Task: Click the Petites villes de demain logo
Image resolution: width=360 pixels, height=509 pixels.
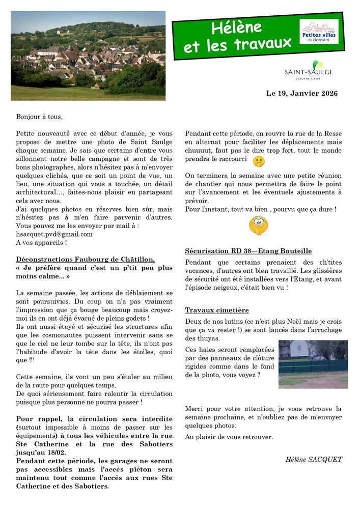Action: pyautogui.click(x=319, y=32)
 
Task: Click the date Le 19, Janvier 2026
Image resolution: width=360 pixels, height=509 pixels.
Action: pyautogui.click(x=302, y=94)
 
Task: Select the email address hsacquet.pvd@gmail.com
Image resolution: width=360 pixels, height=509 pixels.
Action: pyautogui.click(x=54, y=234)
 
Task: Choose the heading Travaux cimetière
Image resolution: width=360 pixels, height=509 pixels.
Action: pyautogui.click(x=217, y=310)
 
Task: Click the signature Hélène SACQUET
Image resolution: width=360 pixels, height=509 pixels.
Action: pyautogui.click(x=314, y=459)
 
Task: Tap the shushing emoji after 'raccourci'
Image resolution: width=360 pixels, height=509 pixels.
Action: pyautogui.click(x=258, y=160)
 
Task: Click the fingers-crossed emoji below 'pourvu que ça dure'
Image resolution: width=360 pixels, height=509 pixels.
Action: pyautogui.click(x=258, y=225)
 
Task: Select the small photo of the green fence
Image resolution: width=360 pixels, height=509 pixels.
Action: pyautogui.click(x=313, y=364)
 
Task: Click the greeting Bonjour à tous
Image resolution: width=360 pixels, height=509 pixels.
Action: pyautogui.click(x=39, y=117)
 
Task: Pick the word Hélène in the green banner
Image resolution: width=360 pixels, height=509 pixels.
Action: pyautogui.click(x=237, y=27)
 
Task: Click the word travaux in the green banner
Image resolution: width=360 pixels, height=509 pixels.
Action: pyautogui.click(x=263, y=44)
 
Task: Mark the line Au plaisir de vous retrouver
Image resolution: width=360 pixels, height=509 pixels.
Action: pyautogui.click(x=229, y=437)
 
